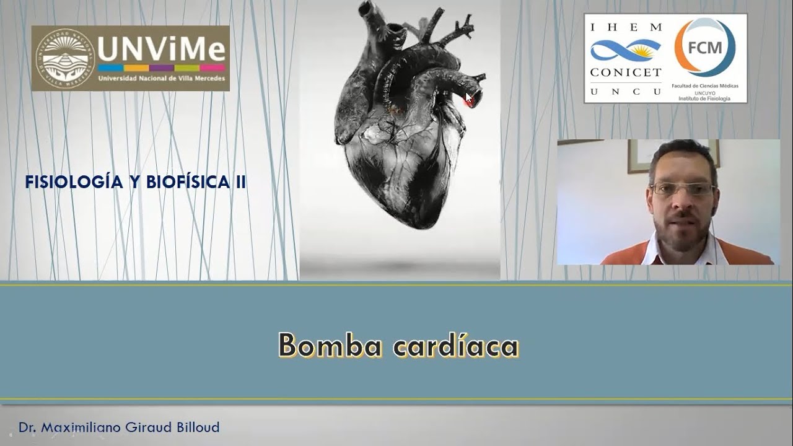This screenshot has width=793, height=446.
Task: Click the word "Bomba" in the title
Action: coord(330,346)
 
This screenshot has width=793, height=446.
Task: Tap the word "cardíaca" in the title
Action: coord(456,346)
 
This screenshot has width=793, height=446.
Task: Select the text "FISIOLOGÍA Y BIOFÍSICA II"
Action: coord(136,182)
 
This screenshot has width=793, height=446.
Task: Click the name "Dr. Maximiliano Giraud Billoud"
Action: coord(119,427)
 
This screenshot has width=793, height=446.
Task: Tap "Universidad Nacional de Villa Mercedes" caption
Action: coord(161,80)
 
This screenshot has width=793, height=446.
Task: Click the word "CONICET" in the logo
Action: coord(625,72)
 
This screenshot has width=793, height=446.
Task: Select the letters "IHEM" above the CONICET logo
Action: coord(625,27)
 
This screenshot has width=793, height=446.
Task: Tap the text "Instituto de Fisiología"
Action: coord(704,98)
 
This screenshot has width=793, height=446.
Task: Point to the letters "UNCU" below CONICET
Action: coord(625,91)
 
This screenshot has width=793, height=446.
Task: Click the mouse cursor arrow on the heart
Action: coord(469,97)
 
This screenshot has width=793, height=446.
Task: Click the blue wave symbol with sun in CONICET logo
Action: coord(625,50)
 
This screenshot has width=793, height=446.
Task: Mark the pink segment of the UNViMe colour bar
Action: coord(212,68)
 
